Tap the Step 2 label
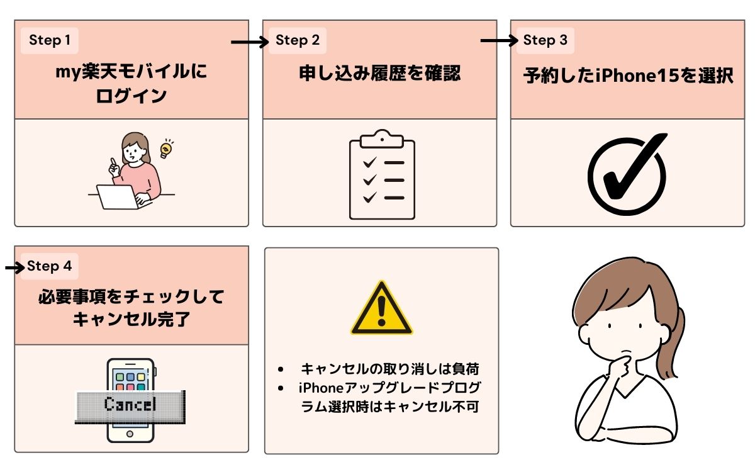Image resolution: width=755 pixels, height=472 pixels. pos(298,41)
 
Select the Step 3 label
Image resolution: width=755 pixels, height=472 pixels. pos(545,41)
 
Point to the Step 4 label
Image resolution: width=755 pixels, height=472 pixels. pos(50,266)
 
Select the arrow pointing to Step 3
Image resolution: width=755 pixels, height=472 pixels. pos(499,41)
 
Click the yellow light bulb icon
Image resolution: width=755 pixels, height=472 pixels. pos(166,149)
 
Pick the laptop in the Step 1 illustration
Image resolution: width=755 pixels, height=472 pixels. pos(117,196)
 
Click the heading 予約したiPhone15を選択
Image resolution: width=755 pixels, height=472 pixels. pos(629,77)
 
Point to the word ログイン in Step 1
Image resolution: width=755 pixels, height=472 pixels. pos(131,96)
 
